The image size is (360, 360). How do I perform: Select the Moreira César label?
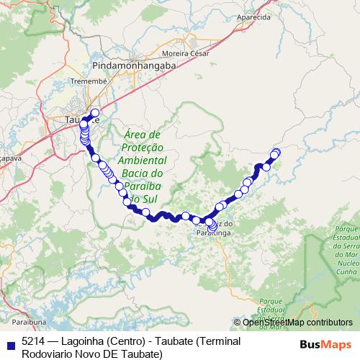pyautogui.click(x=185, y=53)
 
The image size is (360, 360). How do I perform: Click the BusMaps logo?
pyautogui.click(x=325, y=343)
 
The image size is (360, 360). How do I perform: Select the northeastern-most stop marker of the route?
pyautogui.click(x=276, y=152)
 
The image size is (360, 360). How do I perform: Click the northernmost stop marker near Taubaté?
pyautogui.click(x=94, y=112)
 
